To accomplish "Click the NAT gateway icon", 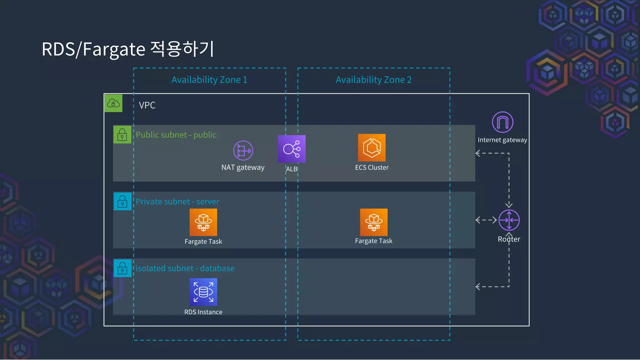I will click(243, 151).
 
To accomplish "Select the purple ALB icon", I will click(292, 149).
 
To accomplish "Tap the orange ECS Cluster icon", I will click(372, 148).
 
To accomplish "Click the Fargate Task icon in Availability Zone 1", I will click(203, 222).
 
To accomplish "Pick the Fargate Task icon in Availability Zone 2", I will click(373, 222).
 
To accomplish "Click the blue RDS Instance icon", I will click(203, 292).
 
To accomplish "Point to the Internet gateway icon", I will click(502, 122).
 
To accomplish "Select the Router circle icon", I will click(509, 220).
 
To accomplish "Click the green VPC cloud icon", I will click(113, 103).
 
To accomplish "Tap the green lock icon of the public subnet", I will click(122, 135).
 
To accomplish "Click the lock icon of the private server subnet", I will click(122, 202).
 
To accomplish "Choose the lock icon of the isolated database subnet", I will click(122, 268).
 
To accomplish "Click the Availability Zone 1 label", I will click(209, 80).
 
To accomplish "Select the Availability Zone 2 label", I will click(373, 80).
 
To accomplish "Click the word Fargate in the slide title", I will click(114, 49).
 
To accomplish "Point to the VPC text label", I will click(147, 105).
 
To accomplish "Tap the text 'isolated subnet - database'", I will click(185, 268).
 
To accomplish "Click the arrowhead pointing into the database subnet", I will click(477, 287).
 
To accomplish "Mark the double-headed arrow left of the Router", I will click(486, 220).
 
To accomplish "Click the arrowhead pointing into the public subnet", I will click(477, 153).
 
